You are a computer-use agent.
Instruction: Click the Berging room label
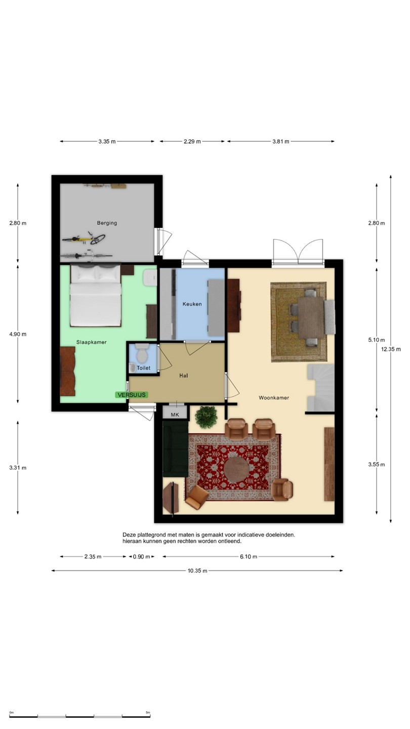click(107, 223)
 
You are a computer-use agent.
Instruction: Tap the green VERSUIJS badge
click(132, 395)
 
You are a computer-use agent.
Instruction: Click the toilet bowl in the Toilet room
click(142, 353)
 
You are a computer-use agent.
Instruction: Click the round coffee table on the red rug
click(236, 469)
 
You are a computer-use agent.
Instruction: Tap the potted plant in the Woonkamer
click(207, 417)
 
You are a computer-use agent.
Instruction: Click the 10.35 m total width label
click(197, 571)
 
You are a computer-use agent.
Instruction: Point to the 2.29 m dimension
click(192, 141)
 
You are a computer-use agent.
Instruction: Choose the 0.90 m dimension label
click(142, 556)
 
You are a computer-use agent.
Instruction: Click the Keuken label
click(192, 304)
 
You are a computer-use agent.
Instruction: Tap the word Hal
click(184, 376)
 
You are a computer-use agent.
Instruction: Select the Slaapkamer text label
click(92, 342)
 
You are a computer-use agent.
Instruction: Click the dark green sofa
click(175, 449)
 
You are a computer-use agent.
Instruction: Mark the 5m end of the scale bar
click(150, 716)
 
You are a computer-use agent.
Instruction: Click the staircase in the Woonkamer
click(321, 387)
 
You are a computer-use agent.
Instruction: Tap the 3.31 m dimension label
click(18, 468)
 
